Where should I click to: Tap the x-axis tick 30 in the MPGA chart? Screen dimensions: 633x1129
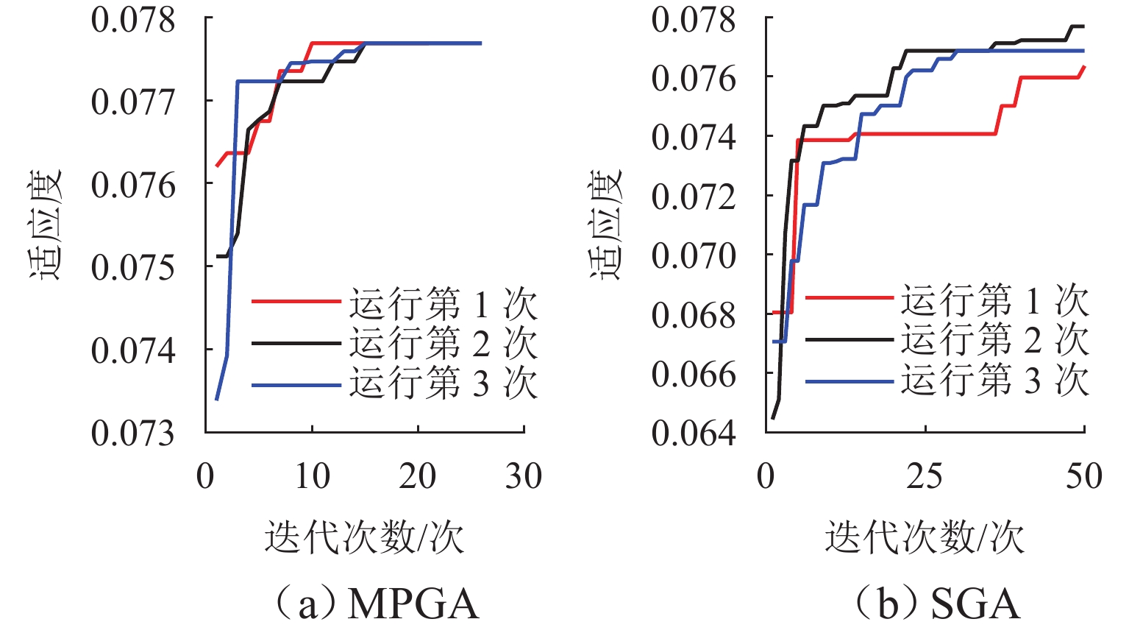pos(524,476)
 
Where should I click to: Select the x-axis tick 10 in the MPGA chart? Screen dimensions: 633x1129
pos(312,476)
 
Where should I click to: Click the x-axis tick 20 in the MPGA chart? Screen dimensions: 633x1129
pos(418,476)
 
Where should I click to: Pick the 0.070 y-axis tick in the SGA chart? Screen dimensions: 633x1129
pos(693,255)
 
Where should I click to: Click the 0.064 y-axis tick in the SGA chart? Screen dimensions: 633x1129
pos(693,434)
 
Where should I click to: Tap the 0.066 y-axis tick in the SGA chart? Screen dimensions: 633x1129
pos(693,375)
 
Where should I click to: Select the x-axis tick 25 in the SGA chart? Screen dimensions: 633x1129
pos(925,476)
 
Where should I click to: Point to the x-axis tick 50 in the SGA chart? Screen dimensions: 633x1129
pos(1084,476)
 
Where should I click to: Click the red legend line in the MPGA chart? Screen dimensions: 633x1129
pos(296,302)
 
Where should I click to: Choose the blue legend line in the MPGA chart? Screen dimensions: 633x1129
pos(296,385)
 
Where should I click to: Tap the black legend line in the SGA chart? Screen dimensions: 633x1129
pos(850,339)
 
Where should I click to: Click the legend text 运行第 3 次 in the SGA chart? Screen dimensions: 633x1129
pos(994,381)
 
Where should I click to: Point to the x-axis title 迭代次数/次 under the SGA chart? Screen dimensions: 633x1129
pos(925,537)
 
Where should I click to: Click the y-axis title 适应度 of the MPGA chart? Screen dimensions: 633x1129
pos(46,224)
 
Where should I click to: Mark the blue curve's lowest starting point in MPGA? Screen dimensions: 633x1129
pos(216,400)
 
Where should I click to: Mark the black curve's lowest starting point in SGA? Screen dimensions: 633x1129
pos(772,418)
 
